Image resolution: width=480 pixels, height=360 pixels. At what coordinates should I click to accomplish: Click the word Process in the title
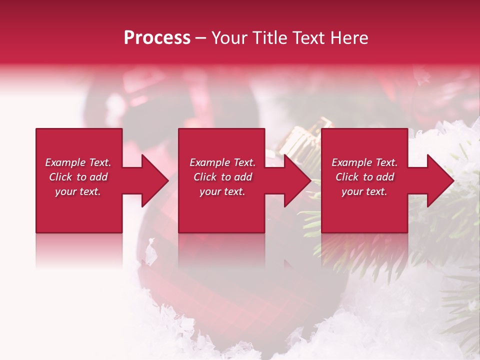[157, 37]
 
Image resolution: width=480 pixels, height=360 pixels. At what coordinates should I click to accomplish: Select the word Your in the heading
[230, 37]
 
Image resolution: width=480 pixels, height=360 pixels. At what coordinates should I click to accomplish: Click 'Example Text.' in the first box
[78, 162]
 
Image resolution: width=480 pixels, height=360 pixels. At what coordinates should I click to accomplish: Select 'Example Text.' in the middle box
[222, 162]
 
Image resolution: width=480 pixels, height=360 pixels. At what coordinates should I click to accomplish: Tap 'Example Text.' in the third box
[364, 162]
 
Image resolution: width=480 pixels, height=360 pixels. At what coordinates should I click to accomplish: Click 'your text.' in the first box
[78, 191]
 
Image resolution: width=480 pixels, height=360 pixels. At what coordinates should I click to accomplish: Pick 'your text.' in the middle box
[222, 191]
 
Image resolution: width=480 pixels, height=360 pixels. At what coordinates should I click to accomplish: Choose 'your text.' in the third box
[364, 191]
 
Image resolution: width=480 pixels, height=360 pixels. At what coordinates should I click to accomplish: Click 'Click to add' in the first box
[78, 177]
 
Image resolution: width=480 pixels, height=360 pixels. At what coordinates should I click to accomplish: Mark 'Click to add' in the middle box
[222, 177]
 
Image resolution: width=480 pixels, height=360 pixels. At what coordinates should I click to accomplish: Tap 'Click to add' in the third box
[364, 177]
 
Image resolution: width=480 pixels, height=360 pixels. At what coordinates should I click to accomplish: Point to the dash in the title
[201, 38]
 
